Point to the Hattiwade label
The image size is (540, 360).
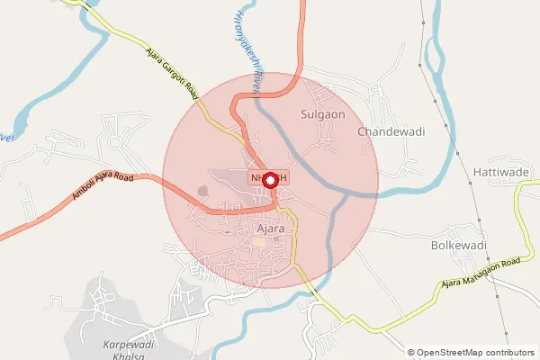498,170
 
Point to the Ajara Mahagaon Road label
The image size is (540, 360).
481,274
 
